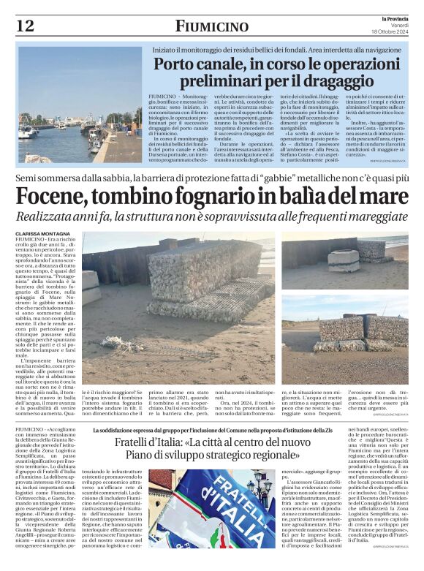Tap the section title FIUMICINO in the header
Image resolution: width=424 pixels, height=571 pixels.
(211, 26)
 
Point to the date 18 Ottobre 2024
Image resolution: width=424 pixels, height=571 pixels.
(396, 31)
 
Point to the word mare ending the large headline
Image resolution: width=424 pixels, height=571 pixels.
(382, 197)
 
